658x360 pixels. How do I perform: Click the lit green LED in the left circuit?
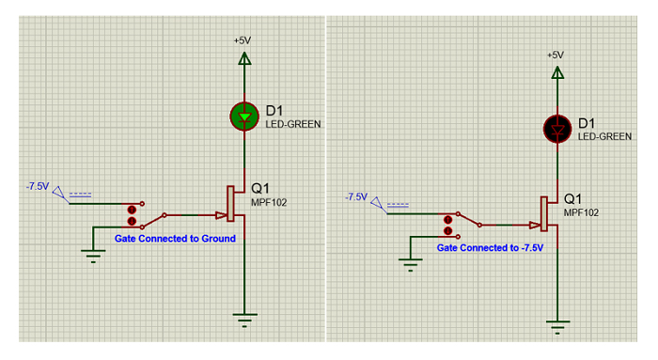tap(244, 116)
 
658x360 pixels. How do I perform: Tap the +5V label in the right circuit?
tap(556, 55)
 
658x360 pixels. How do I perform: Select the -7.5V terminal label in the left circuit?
tap(38, 186)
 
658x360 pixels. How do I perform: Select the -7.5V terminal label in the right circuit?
tap(355, 196)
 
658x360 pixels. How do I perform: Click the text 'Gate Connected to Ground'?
tap(175, 239)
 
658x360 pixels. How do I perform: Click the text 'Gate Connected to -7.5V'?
tap(490, 248)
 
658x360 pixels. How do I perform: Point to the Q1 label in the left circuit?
tap(260, 186)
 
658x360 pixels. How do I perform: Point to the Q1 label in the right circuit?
tap(573, 199)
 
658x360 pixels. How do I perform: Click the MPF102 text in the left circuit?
tap(268, 201)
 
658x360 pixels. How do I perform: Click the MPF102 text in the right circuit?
tap(581, 212)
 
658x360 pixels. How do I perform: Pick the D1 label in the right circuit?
tap(586, 123)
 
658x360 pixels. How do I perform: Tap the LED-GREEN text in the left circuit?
tap(291, 124)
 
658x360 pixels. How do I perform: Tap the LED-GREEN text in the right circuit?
tap(604, 136)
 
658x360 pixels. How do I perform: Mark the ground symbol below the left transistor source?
tap(244, 321)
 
